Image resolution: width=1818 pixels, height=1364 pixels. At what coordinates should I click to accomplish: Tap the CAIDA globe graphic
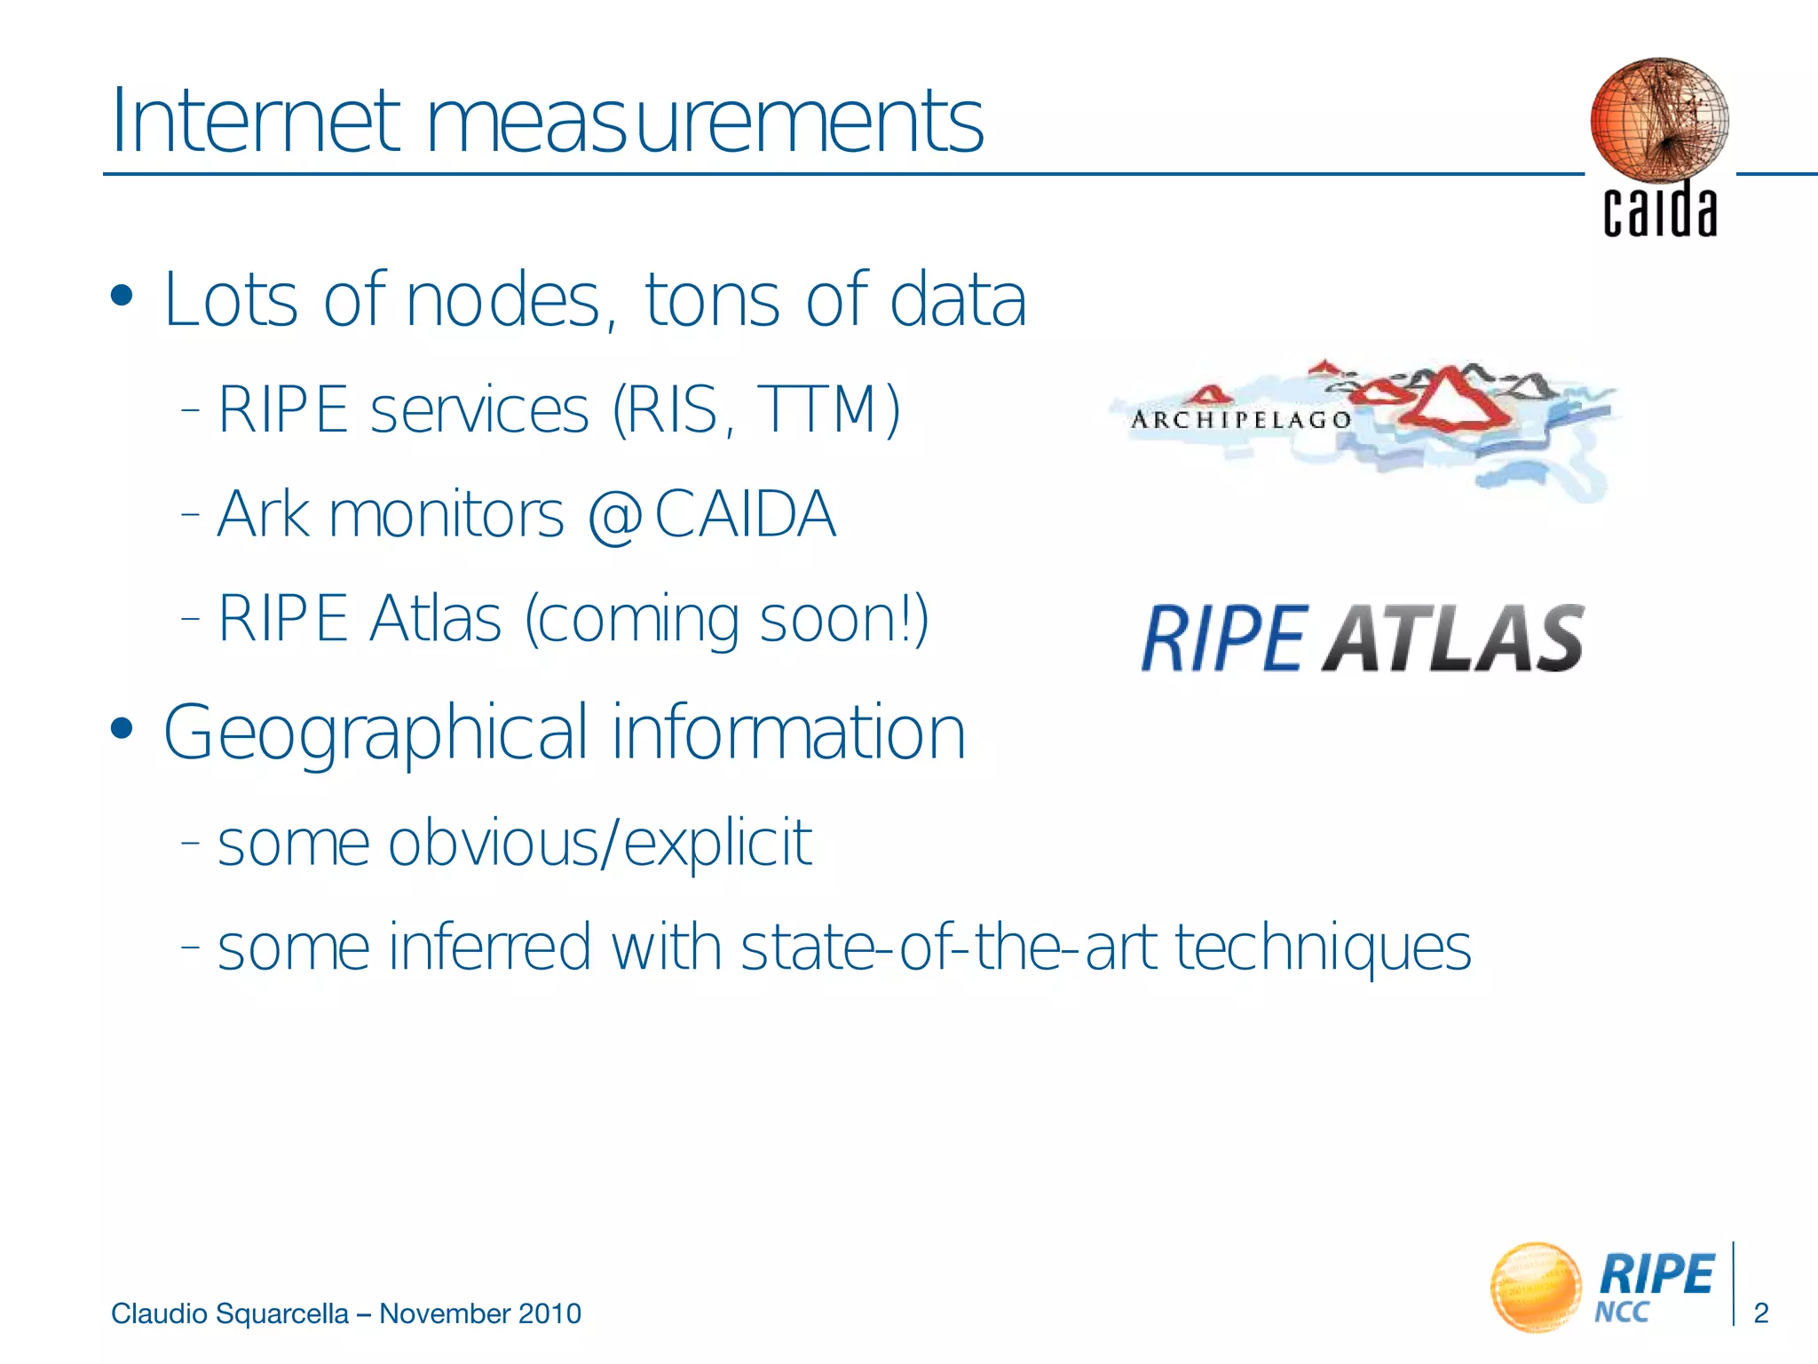click(x=1658, y=119)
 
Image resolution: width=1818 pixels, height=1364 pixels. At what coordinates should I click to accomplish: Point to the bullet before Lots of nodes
click(x=122, y=297)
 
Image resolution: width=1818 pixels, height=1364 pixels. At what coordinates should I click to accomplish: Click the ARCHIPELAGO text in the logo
click(x=1240, y=419)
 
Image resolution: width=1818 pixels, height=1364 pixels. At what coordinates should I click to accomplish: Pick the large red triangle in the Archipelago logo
click(x=1447, y=400)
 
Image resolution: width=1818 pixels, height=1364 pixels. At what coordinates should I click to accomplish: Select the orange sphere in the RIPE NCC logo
click(x=1536, y=1286)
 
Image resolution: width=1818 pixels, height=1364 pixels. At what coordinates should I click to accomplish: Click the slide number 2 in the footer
click(x=1761, y=1312)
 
